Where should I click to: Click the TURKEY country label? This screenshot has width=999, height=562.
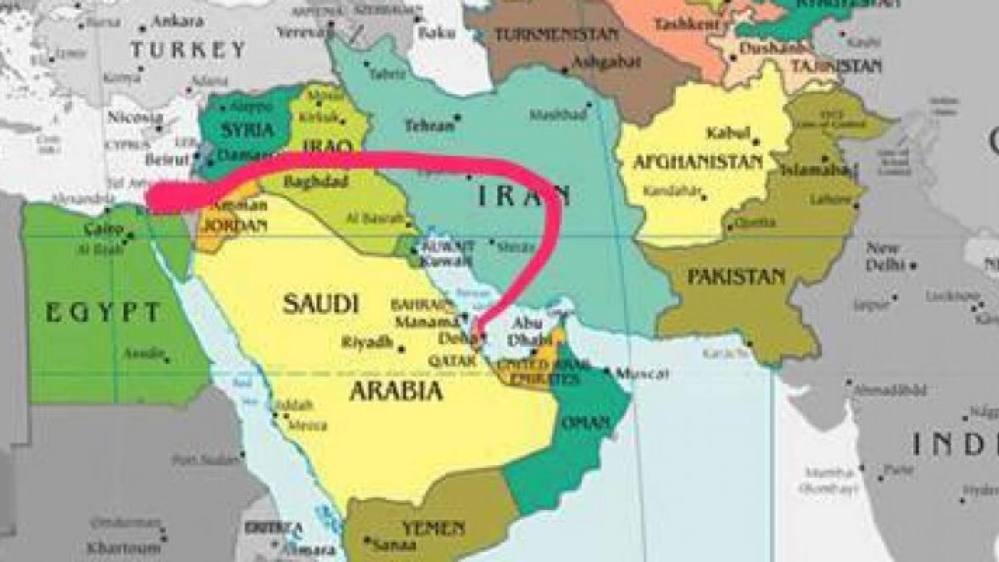click(188, 50)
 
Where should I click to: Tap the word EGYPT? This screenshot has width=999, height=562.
click(103, 313)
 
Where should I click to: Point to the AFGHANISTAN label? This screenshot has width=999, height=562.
click(698, 162)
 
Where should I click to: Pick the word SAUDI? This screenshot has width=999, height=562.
click(321, 303)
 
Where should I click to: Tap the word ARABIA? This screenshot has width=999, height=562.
click(396, 390)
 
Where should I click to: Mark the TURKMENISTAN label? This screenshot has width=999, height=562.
click(556, 35)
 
